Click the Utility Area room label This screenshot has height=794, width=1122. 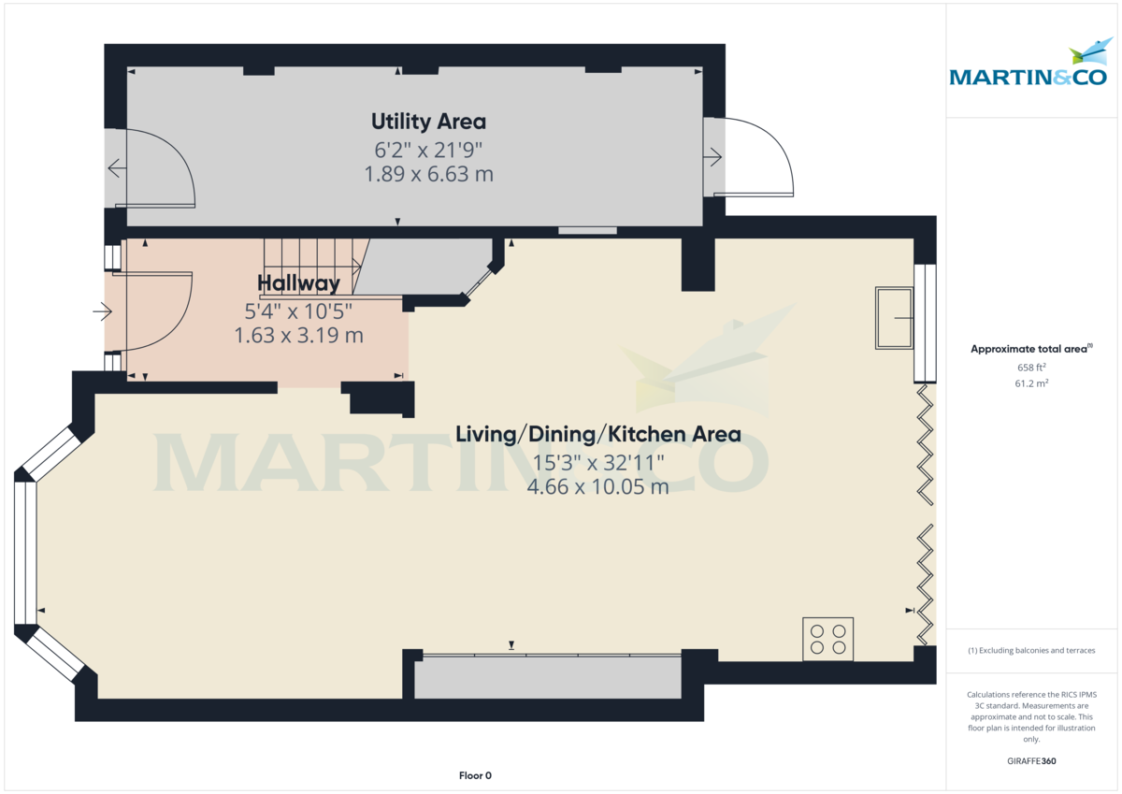point(428,122)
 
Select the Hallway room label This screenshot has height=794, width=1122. point(298,283)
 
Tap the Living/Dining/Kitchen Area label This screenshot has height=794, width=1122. point(597,434)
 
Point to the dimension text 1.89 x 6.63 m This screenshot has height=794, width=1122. point(428,174)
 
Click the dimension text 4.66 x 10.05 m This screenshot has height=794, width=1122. point(597,486)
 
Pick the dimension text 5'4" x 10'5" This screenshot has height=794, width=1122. point(298,310)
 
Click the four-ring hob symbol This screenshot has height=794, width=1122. point(828,640)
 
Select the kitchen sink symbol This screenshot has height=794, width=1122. point(895,318)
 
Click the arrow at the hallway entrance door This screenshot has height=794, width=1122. point(101,310)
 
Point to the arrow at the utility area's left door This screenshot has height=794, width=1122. point(117,168)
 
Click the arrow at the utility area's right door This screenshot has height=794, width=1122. point(714,157)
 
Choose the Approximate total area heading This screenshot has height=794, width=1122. point(1030,349)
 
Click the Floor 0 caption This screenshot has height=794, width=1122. point(475,775)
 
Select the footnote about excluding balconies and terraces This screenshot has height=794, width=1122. point(1030,650)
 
